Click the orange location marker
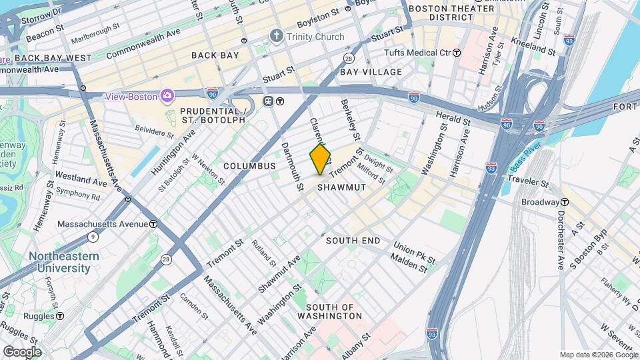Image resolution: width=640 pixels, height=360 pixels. pyautogui.click(x=320, y=159)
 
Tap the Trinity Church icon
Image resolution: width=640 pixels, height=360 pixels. pyautogui.click(x=276, y=36)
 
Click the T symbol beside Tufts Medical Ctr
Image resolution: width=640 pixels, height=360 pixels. pyautogui.click(x=457, y=52)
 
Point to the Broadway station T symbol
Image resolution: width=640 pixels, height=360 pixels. pyautogui.click(x=565, y=202)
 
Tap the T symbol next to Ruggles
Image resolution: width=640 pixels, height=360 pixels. pyautogui.click(x=60, y=315)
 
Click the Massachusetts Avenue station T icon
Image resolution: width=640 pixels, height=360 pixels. pyautogui.click(x=153, y=224)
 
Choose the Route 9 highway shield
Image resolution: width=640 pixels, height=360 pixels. pyautogui.click(x=92, y=236)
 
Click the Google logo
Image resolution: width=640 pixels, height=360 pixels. pyautogui.click(x=22, y=351)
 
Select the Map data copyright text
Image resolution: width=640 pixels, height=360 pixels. pyautogui.click(x=597, y=355)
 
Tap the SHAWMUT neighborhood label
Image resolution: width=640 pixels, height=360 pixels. pyautogui.click(x=341, y=187)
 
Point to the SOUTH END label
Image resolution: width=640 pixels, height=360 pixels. pyautogui.click(x=353, y=240)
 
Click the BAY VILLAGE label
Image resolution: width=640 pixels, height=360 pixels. pyautogui.click(x=371, y=71)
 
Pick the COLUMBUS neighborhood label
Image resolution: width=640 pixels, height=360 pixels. pyautogui.click(x=249, y=165)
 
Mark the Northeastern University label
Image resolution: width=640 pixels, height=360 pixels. pyautogui.click(x=63, y=262)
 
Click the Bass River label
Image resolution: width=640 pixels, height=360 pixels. pyautogui.click(x=527, y=159)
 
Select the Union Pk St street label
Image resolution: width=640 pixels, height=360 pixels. pyautogui.click(x=414, y=251)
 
